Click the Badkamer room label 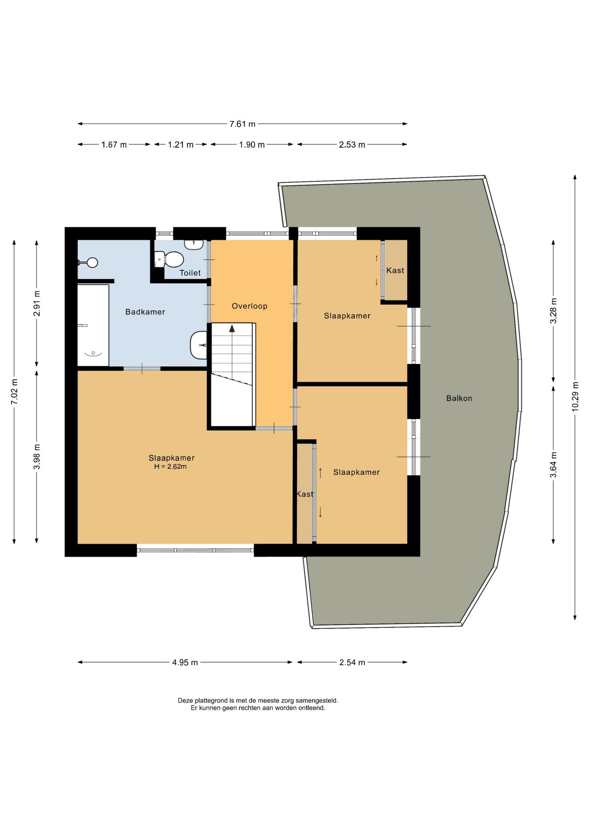pyautogui.click(x=145, y=312)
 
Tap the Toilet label pyautogui.click(x=190, y=273)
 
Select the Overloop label pyautogui.click(x=249, y=306)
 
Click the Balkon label pyautogui.click(x=459, y=398)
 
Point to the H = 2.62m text pyautogui.click(x=170, y=467)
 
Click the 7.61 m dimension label pyautogui.click(x=242, y=124)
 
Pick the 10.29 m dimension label pyautogui.click(x=575, y=396)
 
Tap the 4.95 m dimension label pyautogui.click(x=185, y=662)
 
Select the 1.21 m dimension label pyautogui.click(x=180, y=145)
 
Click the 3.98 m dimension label pyautogui.click(x=37, y=456)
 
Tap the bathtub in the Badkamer pyautogui.click(x=93, y=325)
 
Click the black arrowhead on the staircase pyautogui.click(x=232, y=328)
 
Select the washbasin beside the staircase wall pyautogui.click(x=199, y=345)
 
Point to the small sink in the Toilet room pyautogui.click(x=194, y=244)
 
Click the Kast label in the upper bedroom pyautogui.click(x=395, y=270)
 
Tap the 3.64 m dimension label pyautogui.click(x=553, y=465)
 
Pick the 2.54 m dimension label pyautogui.click(x=352, y=662)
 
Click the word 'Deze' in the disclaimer pyautogui.click(x=185, y=700)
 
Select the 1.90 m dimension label pyautogui.click(x=252, y=145)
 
